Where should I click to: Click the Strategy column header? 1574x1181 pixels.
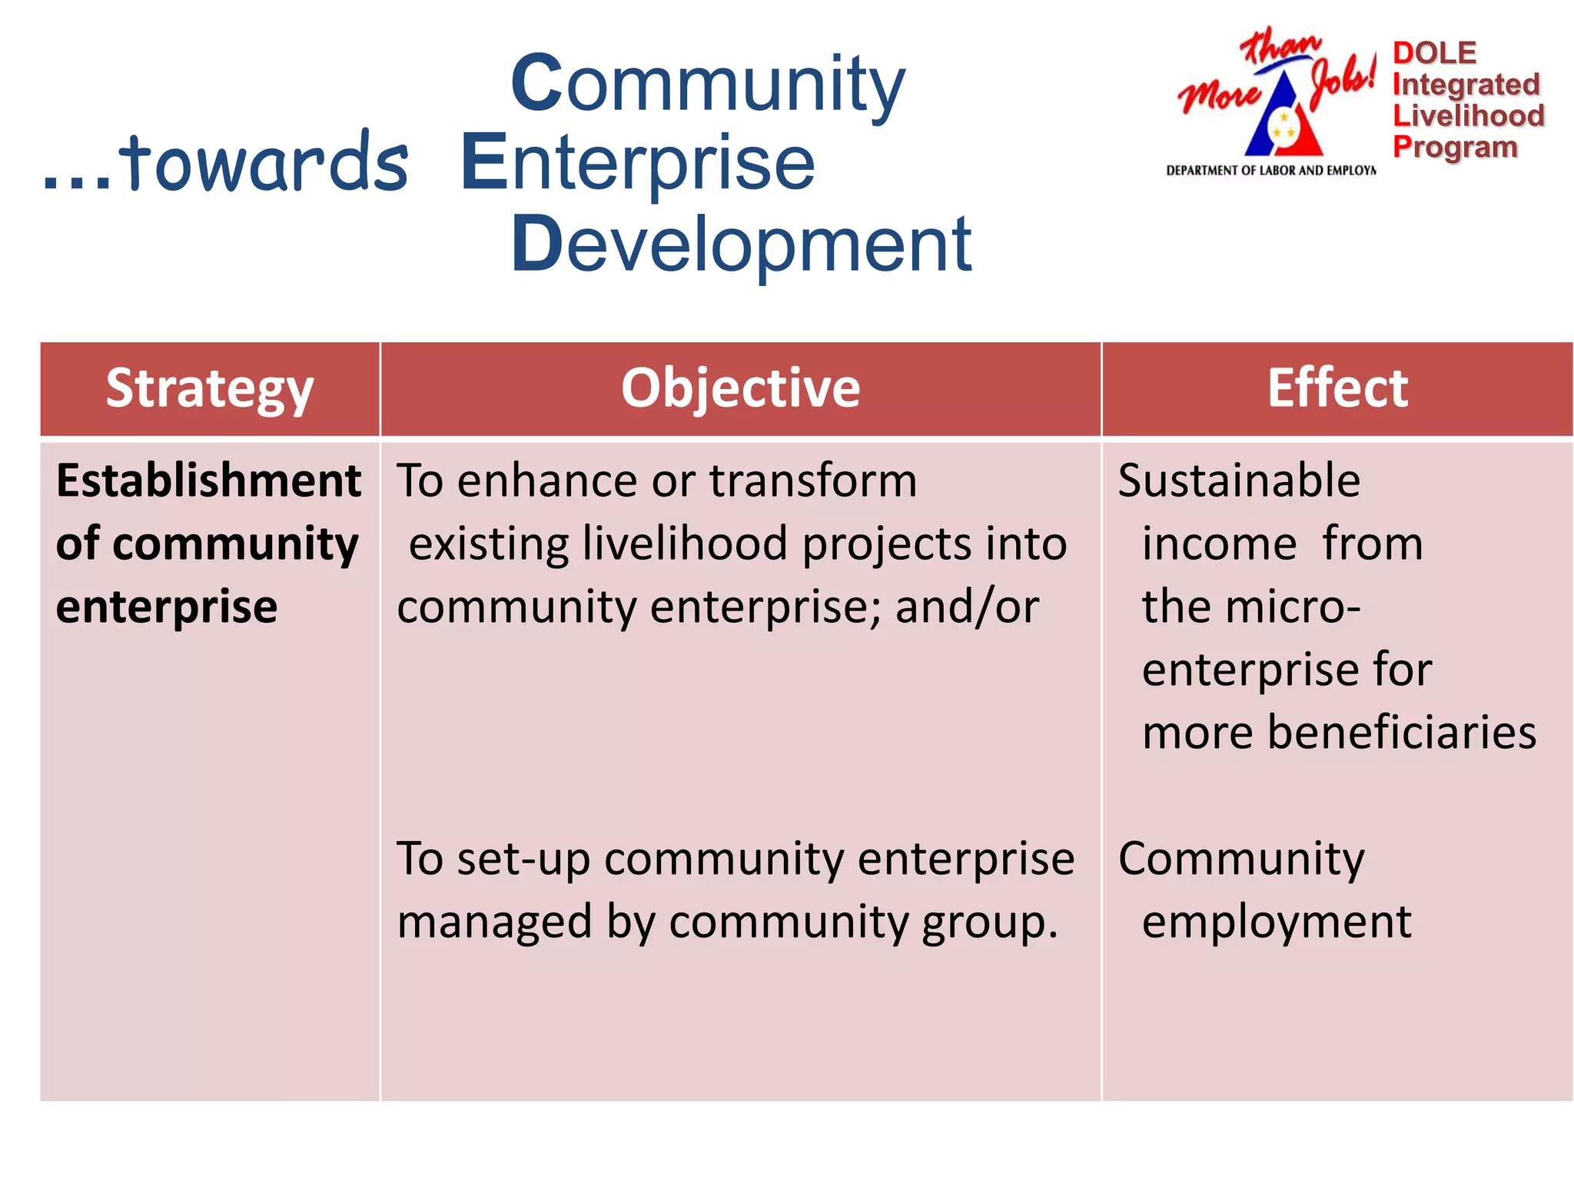point(209,389)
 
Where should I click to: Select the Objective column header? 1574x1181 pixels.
point(740,389)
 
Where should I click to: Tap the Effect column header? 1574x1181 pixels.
point(1337,389)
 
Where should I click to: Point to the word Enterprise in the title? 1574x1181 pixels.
point(637,163)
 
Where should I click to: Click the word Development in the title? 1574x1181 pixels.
point(741,245)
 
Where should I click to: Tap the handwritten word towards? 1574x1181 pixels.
point(264,163)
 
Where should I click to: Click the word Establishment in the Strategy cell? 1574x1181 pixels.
point(208,481)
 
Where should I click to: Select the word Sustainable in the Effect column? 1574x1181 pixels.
point(1239,481)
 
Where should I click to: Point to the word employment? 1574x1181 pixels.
point(1277,921)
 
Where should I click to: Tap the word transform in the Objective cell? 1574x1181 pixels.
point(812,481)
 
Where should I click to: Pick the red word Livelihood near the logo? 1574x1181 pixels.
point(1468,116)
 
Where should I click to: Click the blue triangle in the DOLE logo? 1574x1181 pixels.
point(1282,123)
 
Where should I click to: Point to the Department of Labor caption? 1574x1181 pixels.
point(1270,171)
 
